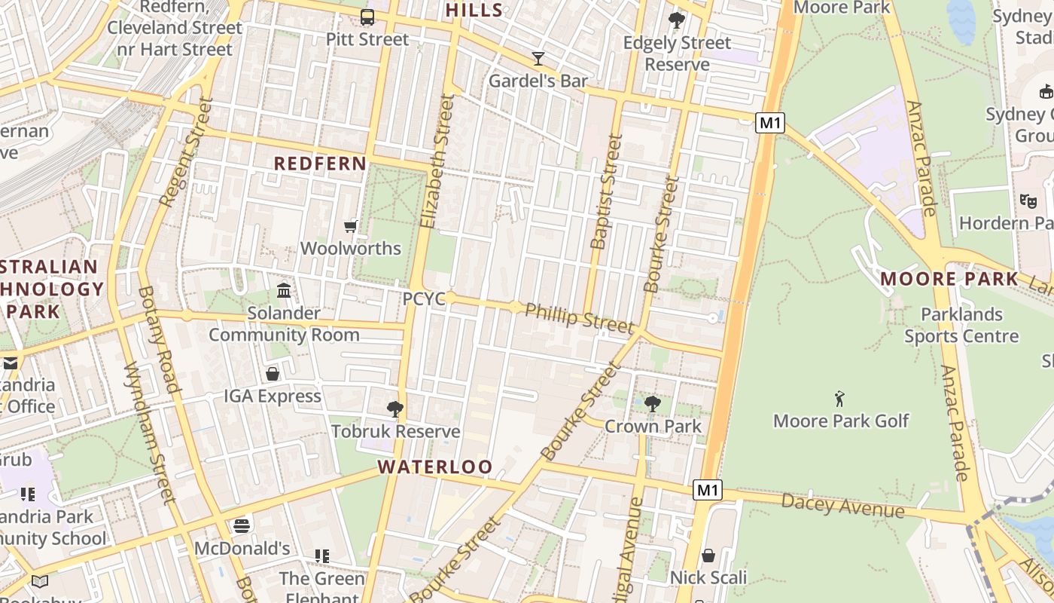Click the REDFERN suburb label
click(320, 164)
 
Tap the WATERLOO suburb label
click(435, 467)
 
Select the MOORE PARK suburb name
click(949, 279)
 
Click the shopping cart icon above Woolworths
click(350, 226)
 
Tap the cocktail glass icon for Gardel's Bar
click(538, 58)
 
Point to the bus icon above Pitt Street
click(367, 17)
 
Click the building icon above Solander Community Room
click(284, 290)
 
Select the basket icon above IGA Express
click(273, 374)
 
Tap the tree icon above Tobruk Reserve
click(394, 409)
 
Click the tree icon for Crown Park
click(653, 404)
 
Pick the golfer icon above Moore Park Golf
click(840, 399)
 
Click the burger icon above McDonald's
click(241, 525)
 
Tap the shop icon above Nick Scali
click(708, 556)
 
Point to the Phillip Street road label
click(579, 319)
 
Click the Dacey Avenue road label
click(842, 505)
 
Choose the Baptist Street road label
click(607, 192)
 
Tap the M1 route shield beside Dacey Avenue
click(708, 490)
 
